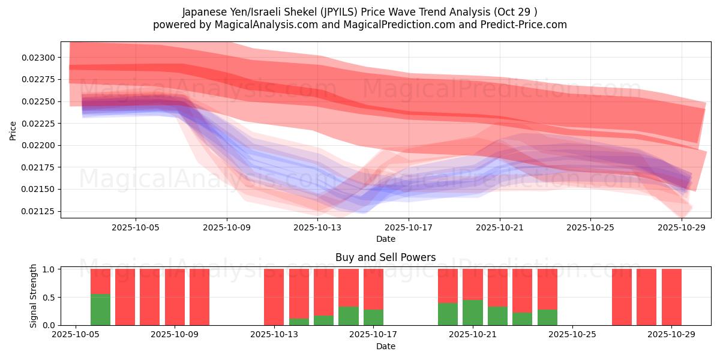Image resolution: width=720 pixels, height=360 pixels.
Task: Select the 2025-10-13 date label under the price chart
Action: pos(317,227)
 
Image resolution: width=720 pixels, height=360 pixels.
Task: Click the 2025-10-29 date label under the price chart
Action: pos(682,227)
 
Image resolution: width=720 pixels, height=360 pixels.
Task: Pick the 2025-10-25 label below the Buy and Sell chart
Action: pos(572,335)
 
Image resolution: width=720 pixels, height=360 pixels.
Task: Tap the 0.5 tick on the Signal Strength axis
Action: pos(49,297)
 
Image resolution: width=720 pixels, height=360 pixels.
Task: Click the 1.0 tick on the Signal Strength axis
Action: pos(49,269)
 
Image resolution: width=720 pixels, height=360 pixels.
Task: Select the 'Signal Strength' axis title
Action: pos(34,296)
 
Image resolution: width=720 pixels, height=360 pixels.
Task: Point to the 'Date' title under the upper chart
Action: pos(385,239)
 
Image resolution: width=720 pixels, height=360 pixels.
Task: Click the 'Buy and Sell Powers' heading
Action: pos(385,257)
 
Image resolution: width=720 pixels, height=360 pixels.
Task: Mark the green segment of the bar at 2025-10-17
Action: pos(373,317)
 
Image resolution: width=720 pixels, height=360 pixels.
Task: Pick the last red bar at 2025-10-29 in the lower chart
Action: pos(671,297)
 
